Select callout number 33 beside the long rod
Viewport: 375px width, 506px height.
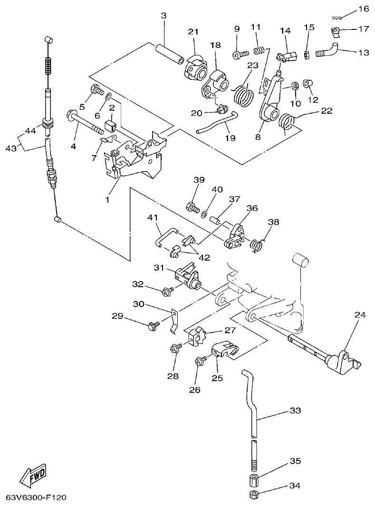coord(295,411)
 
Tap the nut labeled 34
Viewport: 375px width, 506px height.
coord(253,496)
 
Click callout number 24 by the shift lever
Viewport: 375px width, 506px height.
coord(360,314)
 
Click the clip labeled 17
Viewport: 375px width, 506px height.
coord(336,32)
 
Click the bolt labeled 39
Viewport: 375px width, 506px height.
coord(192,207)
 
